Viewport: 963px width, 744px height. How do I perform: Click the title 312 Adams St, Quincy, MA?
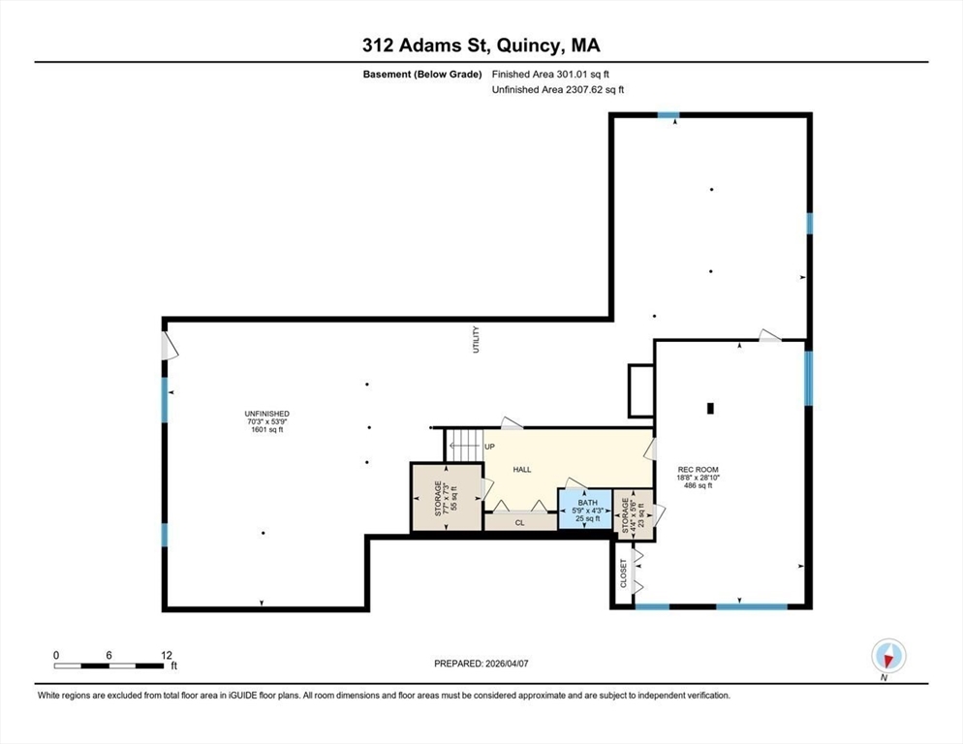(481, 46)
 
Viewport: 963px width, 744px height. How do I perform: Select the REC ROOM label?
(697, 470)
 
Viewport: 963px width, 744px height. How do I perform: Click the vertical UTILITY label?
(476, 339)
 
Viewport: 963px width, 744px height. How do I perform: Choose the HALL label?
(522, 470)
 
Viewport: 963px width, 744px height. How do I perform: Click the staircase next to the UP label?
(462, 446)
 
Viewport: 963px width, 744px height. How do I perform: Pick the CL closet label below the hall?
(519, 522)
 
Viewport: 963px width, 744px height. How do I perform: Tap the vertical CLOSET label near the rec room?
(623, 574)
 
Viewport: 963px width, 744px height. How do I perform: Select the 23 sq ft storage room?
(633, 511)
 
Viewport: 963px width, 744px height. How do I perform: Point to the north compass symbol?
(886, 656)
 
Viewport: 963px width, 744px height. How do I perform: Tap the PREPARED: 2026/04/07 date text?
(481, 664)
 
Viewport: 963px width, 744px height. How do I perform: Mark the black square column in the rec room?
(710, 408)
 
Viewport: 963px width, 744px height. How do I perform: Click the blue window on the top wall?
(668, 115)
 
